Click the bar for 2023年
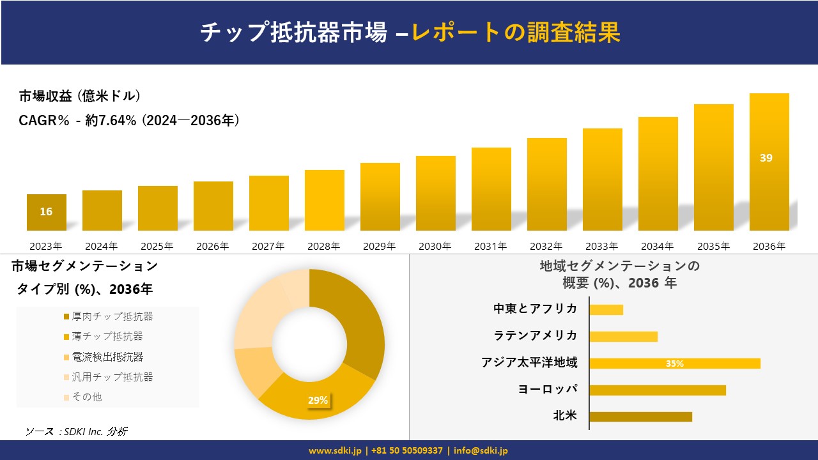pyautogui.click(x=46, y=212)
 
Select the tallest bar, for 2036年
pyautogui.click(x=769, y=162)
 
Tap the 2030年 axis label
pyautogui.click(x=435, y=246)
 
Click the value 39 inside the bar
pyautogui.click(x=766, y=158)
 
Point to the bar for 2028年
pyautogui.click(x=324, y=200)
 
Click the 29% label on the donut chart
pyautogui.click(x=318, y=401)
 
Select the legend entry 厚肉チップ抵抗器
pyautogui.click(x=112, y=316)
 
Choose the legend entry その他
pyautogui.click(x=86, y=397)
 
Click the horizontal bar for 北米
pyautogui.click(x=640, y=417)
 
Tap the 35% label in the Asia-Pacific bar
pyautogui.click(x=674, y=364)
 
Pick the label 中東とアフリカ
pyautogui.click(x=536, y=309)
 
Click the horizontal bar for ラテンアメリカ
pyautogui.click(x=623, y=336)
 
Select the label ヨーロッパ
pyautogui.click(x=548, y=390)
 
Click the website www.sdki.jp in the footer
pyautogui.click(x=336, y=450)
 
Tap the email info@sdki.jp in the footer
pyautogui.click(x=481, y=450)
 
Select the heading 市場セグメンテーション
pyautogui.click(x=84, y=266)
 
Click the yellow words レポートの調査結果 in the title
pyautogui.click(x=516, y=32)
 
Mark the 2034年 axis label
pyautogui.click(x=658, y=246)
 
